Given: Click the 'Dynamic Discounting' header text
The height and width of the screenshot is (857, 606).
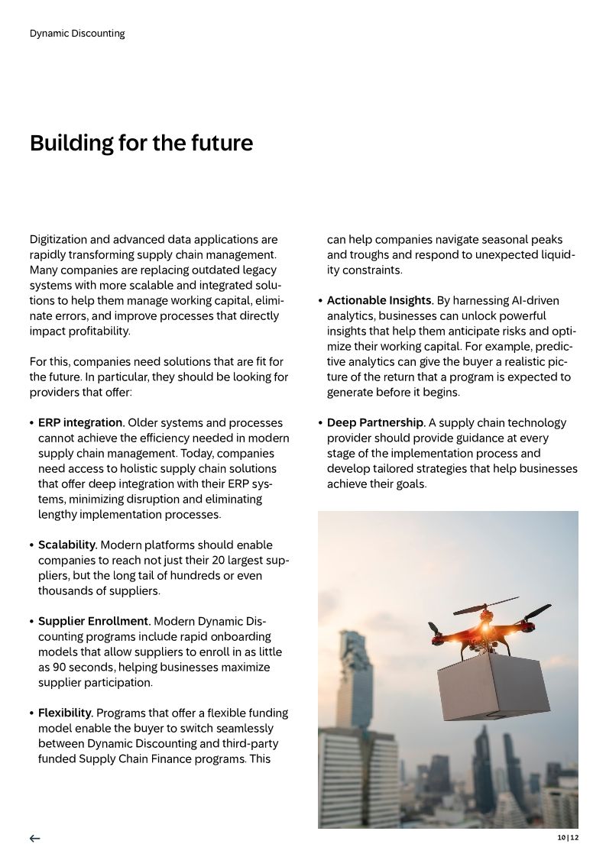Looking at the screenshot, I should click(x=77, y=34).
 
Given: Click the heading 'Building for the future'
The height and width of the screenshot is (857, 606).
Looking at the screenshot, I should click(x=141, y=143).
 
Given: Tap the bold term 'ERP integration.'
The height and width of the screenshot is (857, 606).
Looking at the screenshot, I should click(x=81, y=422).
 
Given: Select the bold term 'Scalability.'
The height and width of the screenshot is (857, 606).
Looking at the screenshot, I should click(x=67, y=545).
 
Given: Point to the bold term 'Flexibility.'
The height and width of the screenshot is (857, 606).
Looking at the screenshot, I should click(x=66, y=713).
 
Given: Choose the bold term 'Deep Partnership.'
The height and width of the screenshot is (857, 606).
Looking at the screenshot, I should click(x=376, y=422).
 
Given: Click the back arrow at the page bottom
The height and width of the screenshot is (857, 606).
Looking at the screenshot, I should click(x=35, y=838).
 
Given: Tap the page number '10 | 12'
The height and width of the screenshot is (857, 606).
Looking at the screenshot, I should click(x=568, y=837).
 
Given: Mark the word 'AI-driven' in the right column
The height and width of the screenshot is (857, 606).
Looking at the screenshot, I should click(x=514, y=300).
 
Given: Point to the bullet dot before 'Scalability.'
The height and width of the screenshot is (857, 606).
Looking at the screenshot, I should click(x=31, y=545).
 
